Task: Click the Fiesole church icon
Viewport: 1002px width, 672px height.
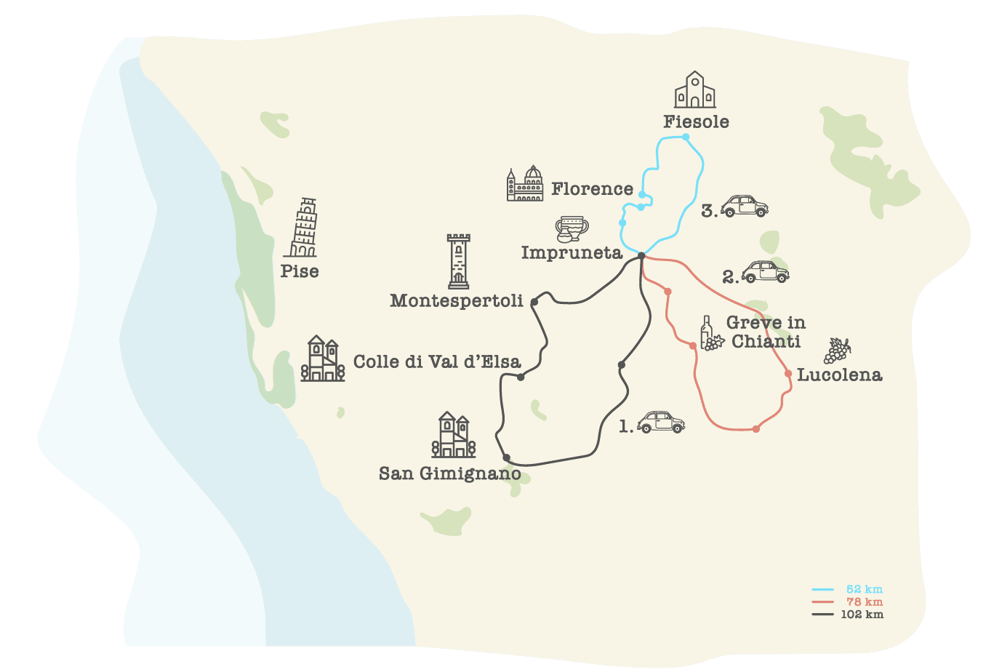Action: (695, 90)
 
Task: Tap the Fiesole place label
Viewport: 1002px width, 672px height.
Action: (696, 122)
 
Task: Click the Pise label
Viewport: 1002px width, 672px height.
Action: (300, 271)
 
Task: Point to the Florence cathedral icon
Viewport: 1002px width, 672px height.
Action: (525, 184)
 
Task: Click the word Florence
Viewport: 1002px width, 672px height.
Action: (592, 189)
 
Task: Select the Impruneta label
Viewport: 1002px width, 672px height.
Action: (572, 253)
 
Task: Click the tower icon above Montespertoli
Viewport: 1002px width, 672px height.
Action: (458, 262)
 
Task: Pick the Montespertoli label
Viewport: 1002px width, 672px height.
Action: (456, 300)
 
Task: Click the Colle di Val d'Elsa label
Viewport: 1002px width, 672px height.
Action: (437, 361)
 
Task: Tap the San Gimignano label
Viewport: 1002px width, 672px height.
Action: (449, 474)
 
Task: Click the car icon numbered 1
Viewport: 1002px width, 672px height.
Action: (661, 422)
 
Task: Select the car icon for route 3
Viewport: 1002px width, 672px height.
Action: (744, 206)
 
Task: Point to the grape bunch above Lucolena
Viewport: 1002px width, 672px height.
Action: (837, 351)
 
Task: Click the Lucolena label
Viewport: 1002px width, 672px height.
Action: (839, 375)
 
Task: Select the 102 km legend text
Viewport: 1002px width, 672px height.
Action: (862, 615)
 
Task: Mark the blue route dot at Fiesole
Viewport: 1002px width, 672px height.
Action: (686, 137)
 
